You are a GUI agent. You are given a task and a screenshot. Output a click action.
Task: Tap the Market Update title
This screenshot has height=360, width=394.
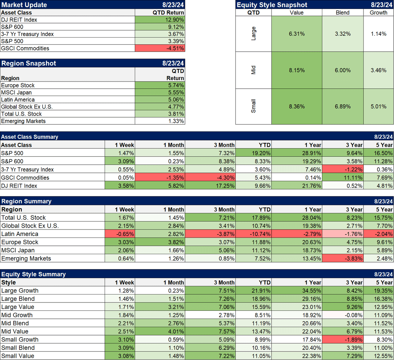click(x=24, y=5)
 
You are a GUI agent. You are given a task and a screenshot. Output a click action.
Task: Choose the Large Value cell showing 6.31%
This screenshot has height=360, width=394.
click(x=297, y=34)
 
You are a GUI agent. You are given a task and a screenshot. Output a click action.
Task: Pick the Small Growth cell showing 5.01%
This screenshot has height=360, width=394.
click(x=378, y=106)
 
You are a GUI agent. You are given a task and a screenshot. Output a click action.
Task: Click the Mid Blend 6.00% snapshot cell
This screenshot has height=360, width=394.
click(x=343, y=70)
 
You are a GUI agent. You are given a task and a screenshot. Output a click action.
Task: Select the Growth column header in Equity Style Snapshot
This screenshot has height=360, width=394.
click(x=378, y=13)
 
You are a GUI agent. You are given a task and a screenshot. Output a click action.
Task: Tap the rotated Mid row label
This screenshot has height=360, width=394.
click(x=253, y=70)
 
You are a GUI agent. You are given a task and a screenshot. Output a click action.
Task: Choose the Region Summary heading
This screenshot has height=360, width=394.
click(x=26, y=201)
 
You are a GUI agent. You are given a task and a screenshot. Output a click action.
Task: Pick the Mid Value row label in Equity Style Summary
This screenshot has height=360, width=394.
click(x=15, y=331)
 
